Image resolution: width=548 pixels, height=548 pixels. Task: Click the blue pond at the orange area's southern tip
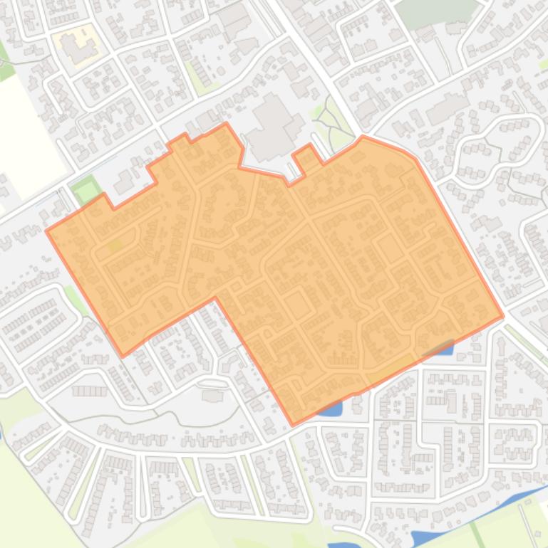(x=330, y=409)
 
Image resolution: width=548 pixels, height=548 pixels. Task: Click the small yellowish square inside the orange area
(x=115, y=246)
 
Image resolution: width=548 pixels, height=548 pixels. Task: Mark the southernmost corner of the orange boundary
(x=293, y=425)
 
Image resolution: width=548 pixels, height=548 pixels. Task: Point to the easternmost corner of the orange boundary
(x=503, y=315)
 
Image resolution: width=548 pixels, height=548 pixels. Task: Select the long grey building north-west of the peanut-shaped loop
(x=448, y=108)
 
